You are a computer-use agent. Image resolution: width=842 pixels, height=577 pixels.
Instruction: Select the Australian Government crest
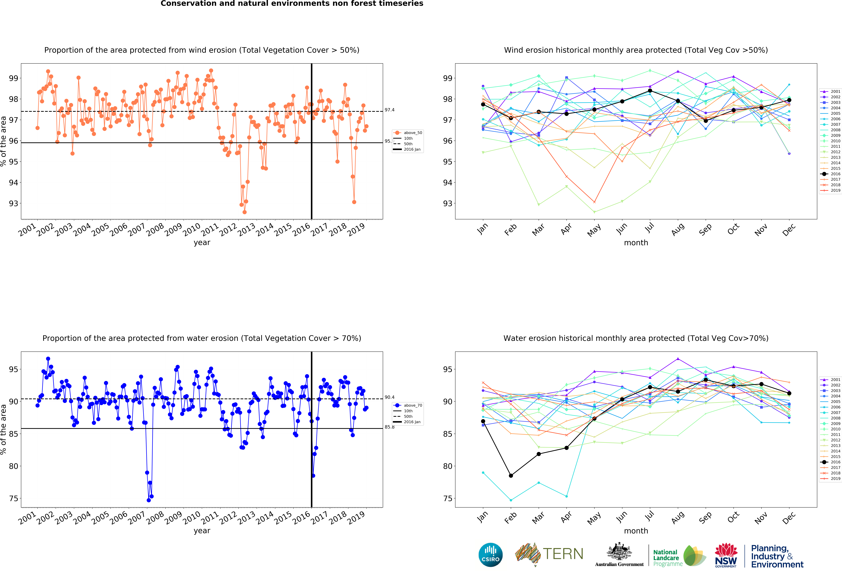(x=619, y=552)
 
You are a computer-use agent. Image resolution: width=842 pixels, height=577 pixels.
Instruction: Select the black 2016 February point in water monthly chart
(x=511, y=476)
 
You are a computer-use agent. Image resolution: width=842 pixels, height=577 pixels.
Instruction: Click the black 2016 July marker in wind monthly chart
(x=650, y=91)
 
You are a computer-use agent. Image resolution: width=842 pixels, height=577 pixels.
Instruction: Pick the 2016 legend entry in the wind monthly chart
(x=832, y=174)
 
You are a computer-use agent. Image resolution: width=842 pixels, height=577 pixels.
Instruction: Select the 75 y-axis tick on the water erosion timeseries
(x=13, y=498)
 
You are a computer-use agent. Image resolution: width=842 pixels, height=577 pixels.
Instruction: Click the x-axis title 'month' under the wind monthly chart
(x=636, y=243)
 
